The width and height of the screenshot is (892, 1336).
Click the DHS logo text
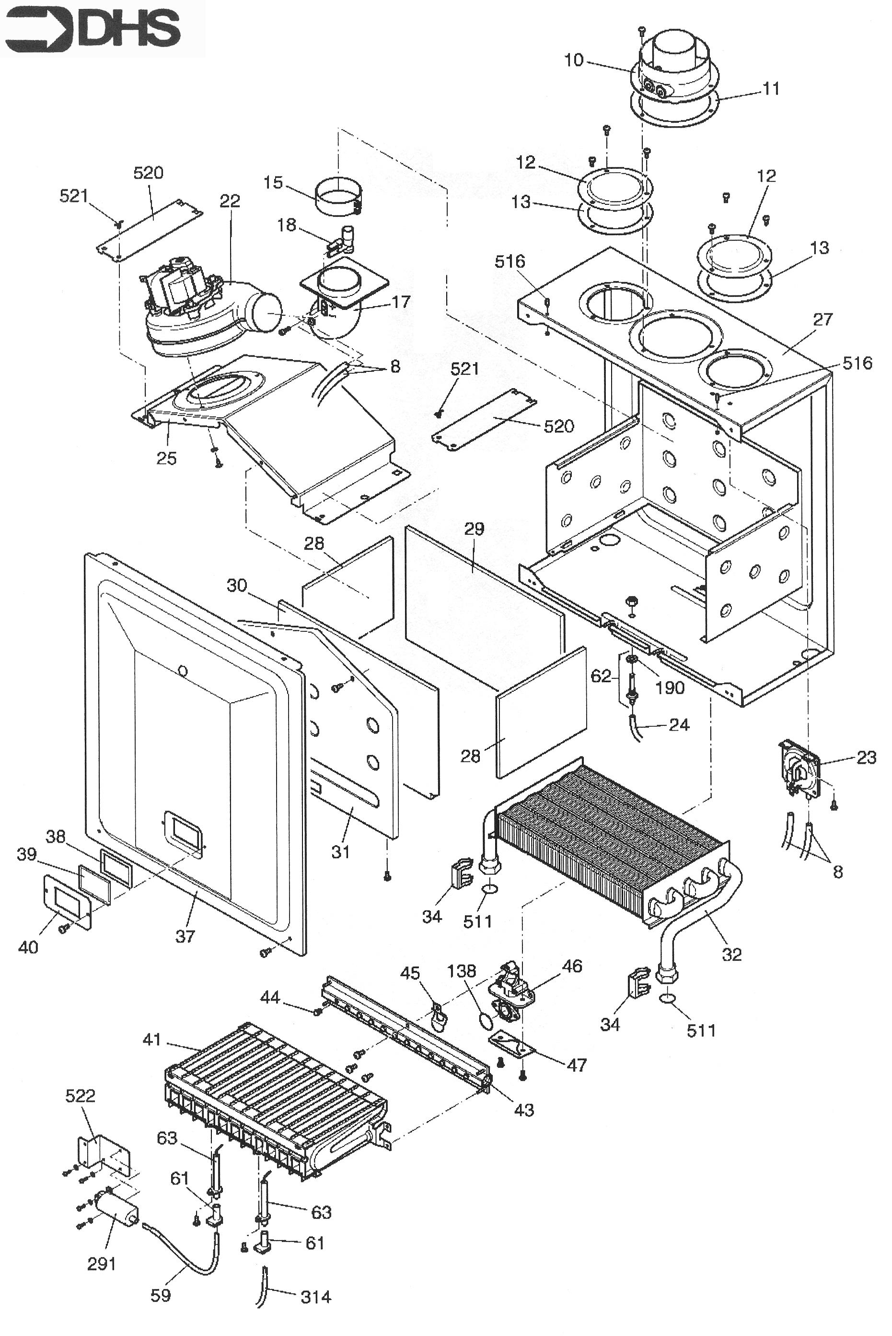[130, 28]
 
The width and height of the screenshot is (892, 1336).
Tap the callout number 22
[230, 201]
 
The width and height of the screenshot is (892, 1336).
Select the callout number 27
[822, 319]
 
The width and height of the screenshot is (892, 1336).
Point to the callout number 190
[670, 687]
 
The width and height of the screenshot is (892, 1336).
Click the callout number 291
[102, 1264]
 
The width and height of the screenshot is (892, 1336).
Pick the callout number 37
[185, 936]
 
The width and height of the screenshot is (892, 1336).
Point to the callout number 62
[601, 676]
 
